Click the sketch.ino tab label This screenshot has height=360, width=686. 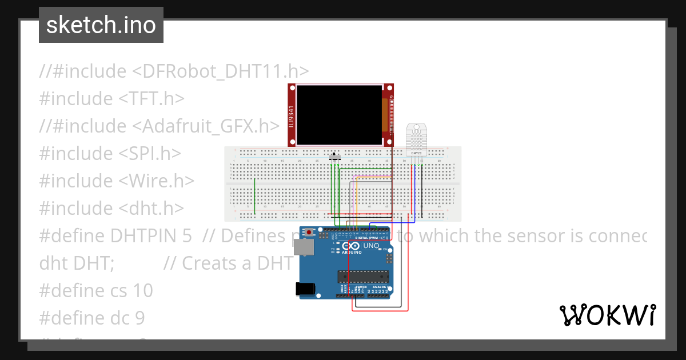[101, 25]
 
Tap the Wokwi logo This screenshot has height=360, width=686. [607, 315]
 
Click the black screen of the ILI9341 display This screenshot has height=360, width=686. [340, 114]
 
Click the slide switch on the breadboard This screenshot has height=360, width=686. [336, 156]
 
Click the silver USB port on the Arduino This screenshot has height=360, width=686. [304, 246]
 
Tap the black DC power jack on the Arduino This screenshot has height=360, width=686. [306, 289]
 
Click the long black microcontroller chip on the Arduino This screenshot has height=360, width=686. [363, 277]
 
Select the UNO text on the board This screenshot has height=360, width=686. [371, 246]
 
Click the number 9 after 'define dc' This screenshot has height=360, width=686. [139, 318]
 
